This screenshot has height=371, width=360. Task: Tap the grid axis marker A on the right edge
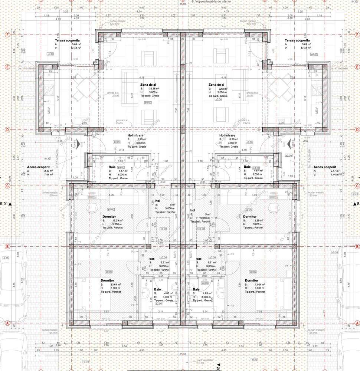(357, 323)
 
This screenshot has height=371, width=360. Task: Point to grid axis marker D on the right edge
(357, 129)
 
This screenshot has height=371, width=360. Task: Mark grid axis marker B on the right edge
(357, 246)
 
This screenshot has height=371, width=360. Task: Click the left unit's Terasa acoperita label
(67, 40)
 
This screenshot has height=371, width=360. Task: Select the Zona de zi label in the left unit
(148, 85)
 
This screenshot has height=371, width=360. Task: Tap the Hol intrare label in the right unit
(228, 136)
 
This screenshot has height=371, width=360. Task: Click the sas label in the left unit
(152, 258)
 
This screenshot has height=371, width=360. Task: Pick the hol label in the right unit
(193, 210)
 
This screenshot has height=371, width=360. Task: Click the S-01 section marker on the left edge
(5, 204)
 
